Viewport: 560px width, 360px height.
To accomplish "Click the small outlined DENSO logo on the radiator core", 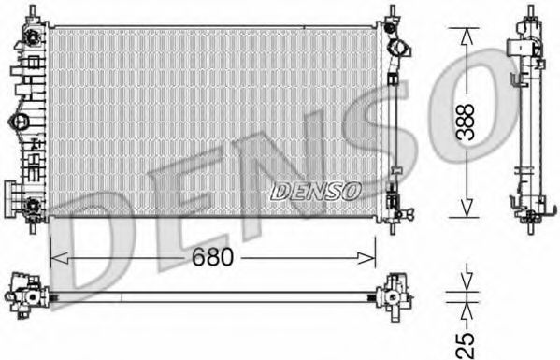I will [316, 190].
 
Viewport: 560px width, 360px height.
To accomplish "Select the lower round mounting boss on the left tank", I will [33, 206].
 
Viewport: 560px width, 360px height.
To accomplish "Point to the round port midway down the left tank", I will [20, 122].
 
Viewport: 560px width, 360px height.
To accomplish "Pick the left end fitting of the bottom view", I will [23, 291].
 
